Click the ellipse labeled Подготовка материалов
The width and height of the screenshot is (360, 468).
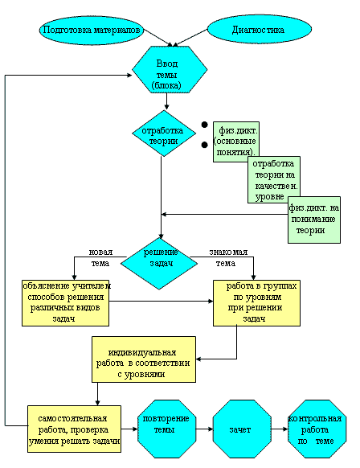click(92, 30)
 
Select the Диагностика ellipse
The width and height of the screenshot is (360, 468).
click(260, 30)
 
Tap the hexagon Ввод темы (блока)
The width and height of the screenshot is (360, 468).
click(170, 69)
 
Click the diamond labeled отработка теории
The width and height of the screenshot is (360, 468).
click(164, 133)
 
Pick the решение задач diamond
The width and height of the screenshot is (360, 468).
click(160, 264)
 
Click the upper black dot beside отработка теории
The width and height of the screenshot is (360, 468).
click(204, 125)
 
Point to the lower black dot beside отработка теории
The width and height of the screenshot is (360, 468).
click(204, 145)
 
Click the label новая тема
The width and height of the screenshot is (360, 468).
click(100, 257)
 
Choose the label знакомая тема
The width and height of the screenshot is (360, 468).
click(228, 257)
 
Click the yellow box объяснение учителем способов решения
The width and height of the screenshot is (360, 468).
click(65, 302)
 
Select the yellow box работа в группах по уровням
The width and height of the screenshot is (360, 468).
click(256, 302)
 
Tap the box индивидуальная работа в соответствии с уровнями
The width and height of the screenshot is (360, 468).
click(144, 359)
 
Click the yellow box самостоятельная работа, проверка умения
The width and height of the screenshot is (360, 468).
click(74, 429)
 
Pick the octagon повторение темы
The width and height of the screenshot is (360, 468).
click(166, 429)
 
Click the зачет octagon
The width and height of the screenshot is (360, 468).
click(242, 429)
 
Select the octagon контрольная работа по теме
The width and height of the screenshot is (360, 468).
click(317, 429)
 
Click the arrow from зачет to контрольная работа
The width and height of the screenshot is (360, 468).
click(280, 429)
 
